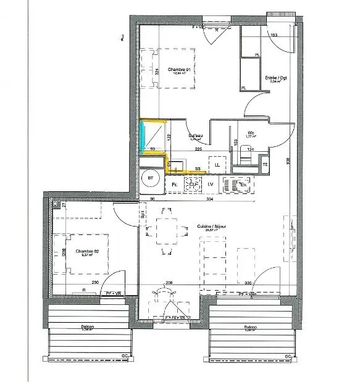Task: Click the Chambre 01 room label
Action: click(179, 70)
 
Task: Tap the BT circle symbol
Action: click(149, 179)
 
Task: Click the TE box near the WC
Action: click(265, 165)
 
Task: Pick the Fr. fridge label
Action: click(175, 184)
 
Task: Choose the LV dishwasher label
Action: click(211, 184)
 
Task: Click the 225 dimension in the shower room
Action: click(199, 149)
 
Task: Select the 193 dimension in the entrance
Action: click(274, 36)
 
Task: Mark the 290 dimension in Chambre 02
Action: click(94, 282)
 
